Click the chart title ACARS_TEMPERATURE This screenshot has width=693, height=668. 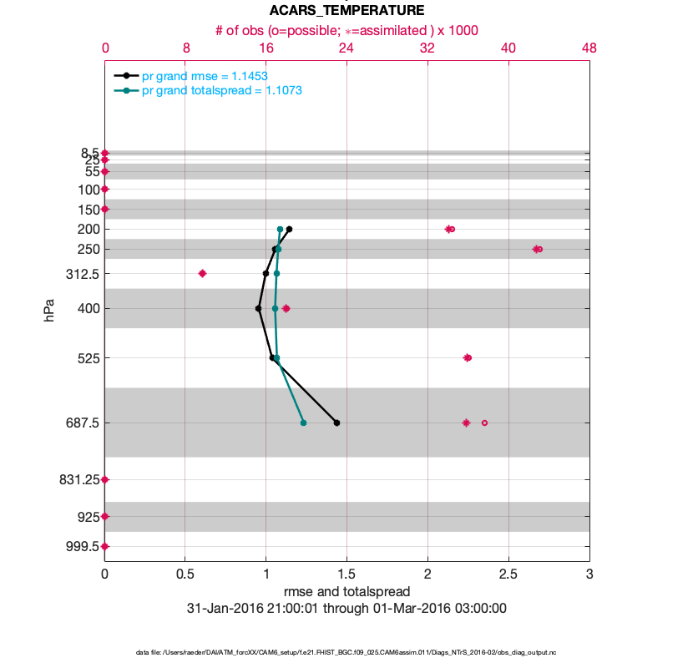point(346,11)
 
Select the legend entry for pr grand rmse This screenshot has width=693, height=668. point(205,76)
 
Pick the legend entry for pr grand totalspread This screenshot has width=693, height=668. point(221,90)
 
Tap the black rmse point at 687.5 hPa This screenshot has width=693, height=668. point(336,423)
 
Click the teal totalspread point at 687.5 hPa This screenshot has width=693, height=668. point(303,423)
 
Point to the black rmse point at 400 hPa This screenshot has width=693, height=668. point(258,308)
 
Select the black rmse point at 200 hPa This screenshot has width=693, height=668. point(289,229)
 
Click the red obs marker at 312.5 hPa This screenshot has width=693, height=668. point(202,273)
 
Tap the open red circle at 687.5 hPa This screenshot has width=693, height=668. point(484,423)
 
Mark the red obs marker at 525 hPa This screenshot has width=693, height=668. point(468,357)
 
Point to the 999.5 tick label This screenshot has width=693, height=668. point(83,546)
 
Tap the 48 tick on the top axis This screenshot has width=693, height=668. point(589,48)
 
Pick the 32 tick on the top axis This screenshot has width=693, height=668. point(427,48)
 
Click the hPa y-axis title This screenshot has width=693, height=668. point(49,311)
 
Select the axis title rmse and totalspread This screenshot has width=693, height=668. point(346,592)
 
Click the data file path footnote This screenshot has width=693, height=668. point(346,652)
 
